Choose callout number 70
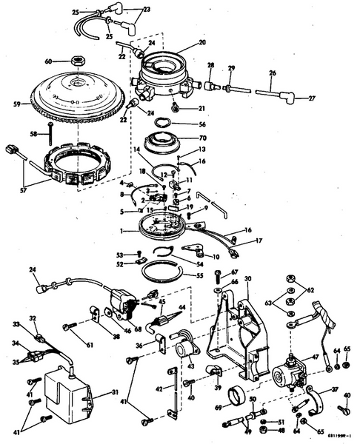tap(203, 138)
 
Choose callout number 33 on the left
tap(16, 324)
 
